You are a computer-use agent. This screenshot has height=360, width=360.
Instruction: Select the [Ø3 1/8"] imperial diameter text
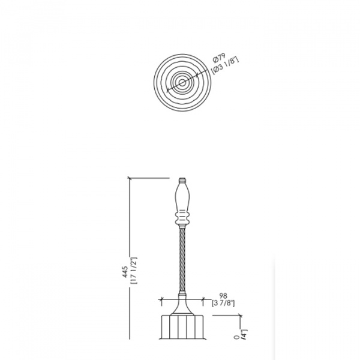225,65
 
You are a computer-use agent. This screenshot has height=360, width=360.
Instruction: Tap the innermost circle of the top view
182,83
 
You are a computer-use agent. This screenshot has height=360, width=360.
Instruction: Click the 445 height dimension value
125,272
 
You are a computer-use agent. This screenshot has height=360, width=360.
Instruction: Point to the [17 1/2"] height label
134,271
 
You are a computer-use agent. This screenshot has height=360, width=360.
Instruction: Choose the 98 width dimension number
223,295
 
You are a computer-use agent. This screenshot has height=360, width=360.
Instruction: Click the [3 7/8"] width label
223,303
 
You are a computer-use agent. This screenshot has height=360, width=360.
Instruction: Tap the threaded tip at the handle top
182,180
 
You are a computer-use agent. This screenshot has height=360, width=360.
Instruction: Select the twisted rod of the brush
182,260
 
